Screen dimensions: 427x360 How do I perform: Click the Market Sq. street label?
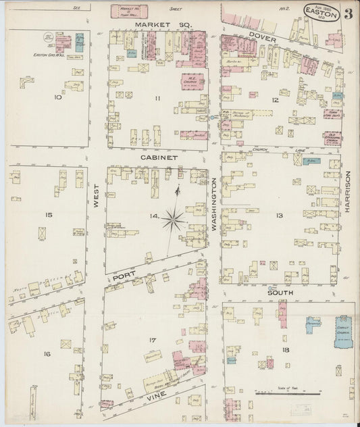pos(164,24)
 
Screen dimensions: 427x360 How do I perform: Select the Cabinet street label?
pos(159,157)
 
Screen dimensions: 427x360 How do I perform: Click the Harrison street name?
pos(349,192)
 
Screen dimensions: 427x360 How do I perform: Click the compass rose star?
pos(174,218)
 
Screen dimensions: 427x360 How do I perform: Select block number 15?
pos(49,215)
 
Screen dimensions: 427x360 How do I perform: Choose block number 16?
pos(47,354)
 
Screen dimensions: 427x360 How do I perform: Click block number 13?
pos(279,216)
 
